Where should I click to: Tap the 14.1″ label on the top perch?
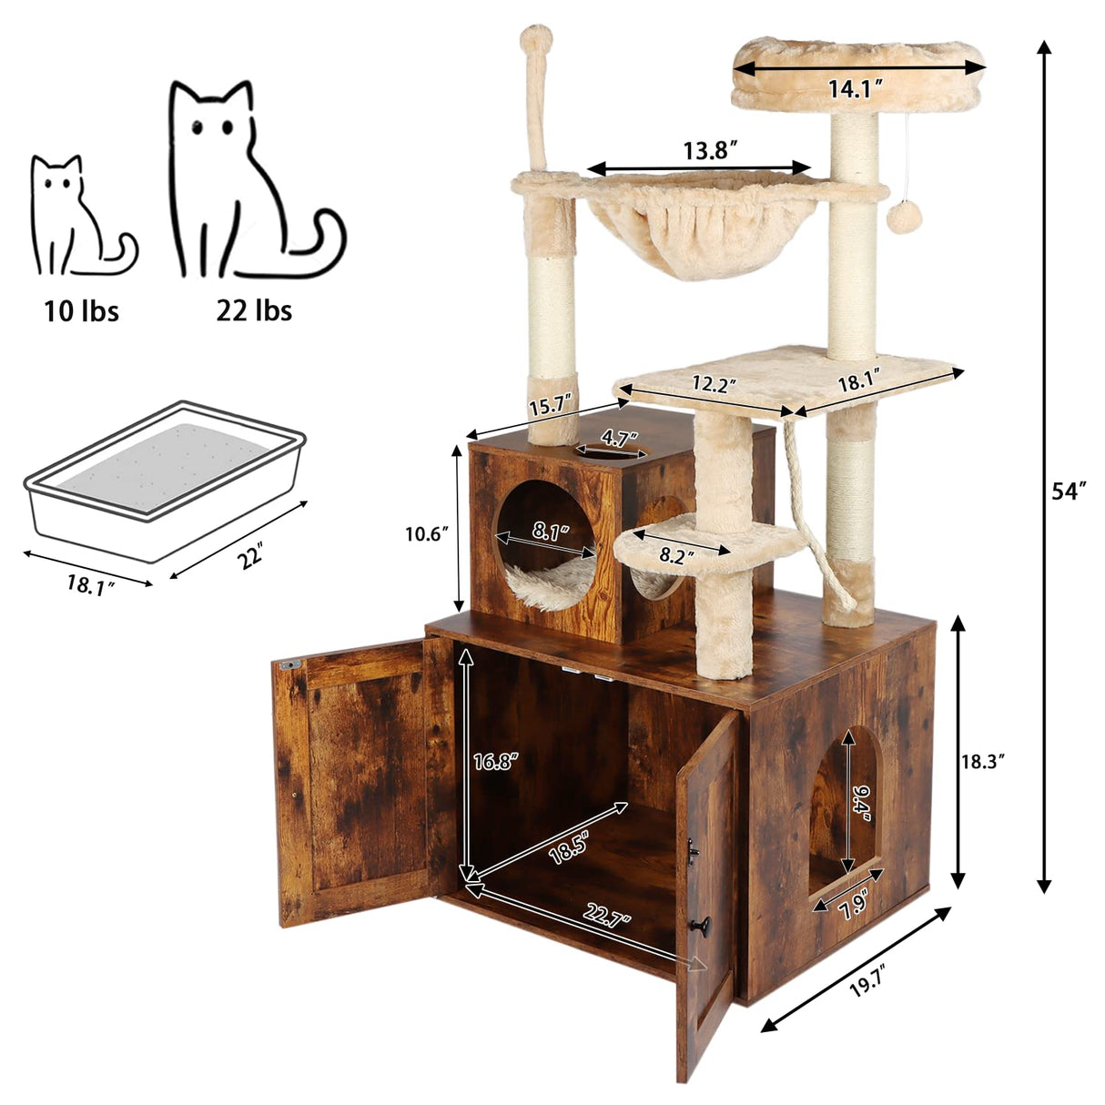click(857, 89)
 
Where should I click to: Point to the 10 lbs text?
click(82, 311)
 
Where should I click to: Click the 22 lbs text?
click(254, 311)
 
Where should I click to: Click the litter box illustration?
click(164, 480)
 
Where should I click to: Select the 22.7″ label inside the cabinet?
click(609, 920)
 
